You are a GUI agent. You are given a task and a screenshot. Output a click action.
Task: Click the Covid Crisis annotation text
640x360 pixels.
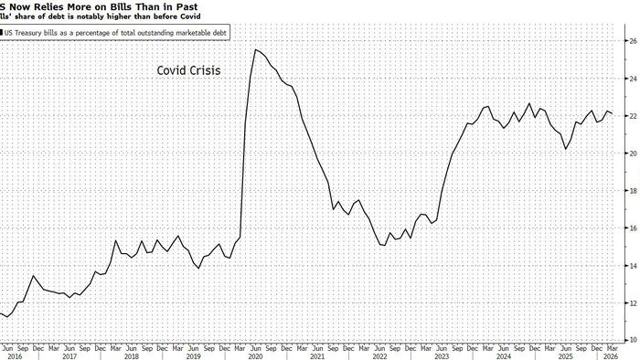(x=189, y=69)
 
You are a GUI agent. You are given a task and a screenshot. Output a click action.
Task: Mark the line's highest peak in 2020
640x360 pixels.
(x=255, y=49)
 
